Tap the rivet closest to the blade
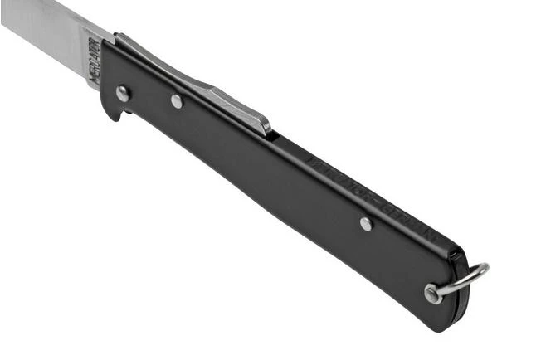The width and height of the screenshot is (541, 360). [x=123, y=93]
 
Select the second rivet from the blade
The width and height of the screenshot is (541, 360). [x=177, y=101]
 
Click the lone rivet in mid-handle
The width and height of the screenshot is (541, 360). [x=366, y=223]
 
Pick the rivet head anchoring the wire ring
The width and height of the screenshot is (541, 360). [x=431, y=294]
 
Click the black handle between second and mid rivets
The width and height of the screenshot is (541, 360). [x=266, y=166]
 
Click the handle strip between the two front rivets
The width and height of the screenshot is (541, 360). [x=150, y=97]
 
